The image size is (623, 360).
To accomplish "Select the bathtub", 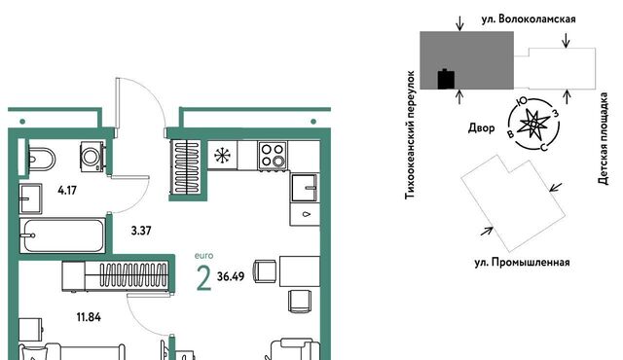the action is [62, 234].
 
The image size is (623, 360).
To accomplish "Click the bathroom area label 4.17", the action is [67, 191].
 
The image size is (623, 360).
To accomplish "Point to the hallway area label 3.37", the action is [141, 231].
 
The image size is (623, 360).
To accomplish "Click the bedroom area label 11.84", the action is [89, 317].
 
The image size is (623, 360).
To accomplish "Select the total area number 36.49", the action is [231, 276].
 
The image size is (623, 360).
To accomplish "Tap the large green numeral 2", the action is [203, 278].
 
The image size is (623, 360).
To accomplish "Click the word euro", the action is [203, 256].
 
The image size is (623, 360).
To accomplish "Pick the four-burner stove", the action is [273, 156].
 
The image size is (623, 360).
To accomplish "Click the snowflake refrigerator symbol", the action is [223, 156].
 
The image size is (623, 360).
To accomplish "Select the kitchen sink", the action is [305, 188].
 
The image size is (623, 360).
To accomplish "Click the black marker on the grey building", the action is [446, 79].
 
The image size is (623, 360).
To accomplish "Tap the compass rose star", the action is [533, 125].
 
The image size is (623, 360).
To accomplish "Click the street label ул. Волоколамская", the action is [529, 19].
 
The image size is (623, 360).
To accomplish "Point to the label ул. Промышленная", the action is [522, 263].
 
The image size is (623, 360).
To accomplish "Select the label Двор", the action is [482, 127].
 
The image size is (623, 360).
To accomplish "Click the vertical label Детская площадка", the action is [604, 138].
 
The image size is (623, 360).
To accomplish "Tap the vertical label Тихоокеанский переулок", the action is [410, 135].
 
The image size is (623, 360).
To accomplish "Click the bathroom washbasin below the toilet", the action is [31, 198].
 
